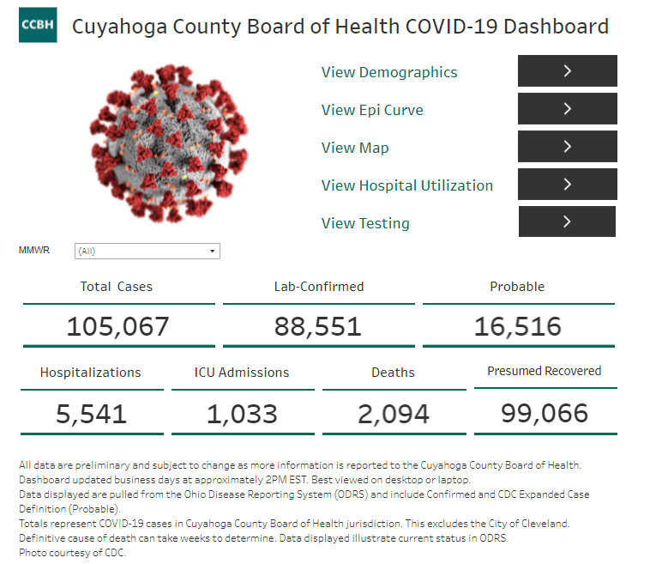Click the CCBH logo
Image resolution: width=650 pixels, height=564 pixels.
point(38,25)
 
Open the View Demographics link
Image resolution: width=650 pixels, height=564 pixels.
point(389,72)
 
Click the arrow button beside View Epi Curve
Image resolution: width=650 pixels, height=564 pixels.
point(567,109)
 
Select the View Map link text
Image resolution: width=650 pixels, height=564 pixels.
point(355,148)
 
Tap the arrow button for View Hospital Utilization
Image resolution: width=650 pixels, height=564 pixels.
point(567,184)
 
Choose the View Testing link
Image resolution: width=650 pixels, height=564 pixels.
point(365,223)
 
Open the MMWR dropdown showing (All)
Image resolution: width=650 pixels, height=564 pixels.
point(147,251)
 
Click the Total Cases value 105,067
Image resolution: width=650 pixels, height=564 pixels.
point(117,327)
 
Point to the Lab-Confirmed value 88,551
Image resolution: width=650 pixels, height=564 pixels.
point(318,327)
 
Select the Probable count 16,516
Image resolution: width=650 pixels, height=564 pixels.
point(518,327)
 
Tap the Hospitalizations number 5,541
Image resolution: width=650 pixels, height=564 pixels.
point(91,415)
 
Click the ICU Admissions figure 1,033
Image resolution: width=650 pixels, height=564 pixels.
point(242,415)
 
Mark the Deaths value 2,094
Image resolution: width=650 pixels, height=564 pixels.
point(394,415)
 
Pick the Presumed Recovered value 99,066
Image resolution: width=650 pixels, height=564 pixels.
point(545,413)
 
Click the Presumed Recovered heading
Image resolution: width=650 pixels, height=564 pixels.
point(545,371)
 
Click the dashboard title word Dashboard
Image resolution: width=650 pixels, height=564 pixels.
point(556,27)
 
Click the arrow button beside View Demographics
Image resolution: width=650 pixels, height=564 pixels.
point(567,71)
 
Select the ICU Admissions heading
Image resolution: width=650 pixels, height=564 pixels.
point(242,373)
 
